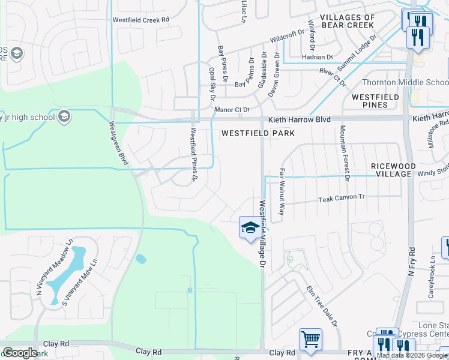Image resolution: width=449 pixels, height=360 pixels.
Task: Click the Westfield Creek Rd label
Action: click(x=141, y=19)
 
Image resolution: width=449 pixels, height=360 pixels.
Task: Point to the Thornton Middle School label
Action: click(x=406, y=83)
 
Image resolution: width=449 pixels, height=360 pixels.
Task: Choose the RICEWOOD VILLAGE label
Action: click(x=393, y=169)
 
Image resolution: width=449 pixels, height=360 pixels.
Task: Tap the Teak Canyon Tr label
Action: click(x=342, y=197)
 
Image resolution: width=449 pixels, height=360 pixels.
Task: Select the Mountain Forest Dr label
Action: click(x=344, y=152)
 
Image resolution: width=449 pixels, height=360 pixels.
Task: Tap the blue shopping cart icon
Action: click(x=310, y=339)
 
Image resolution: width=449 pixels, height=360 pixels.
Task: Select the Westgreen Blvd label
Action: click(x=119, y=143)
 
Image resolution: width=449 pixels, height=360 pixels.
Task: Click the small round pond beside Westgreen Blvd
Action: click(x=140, y=259)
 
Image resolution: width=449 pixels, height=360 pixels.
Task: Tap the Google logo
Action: click(x=20, y=352)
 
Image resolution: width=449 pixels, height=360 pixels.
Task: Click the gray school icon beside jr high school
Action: click(x=64, y=116)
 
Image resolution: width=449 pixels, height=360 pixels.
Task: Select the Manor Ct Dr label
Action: click(x=232, y=110)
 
